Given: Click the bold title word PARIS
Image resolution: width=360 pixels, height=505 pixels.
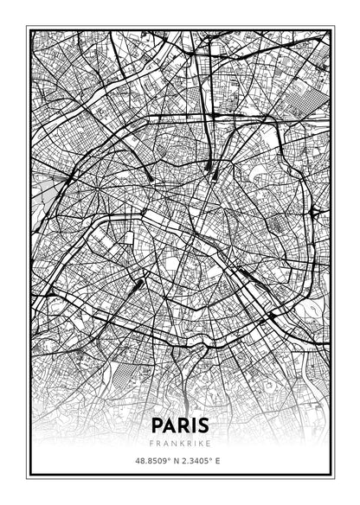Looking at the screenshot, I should [x=179, y=425].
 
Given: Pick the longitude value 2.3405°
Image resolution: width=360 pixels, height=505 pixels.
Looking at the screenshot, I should [x=196, y=462].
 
